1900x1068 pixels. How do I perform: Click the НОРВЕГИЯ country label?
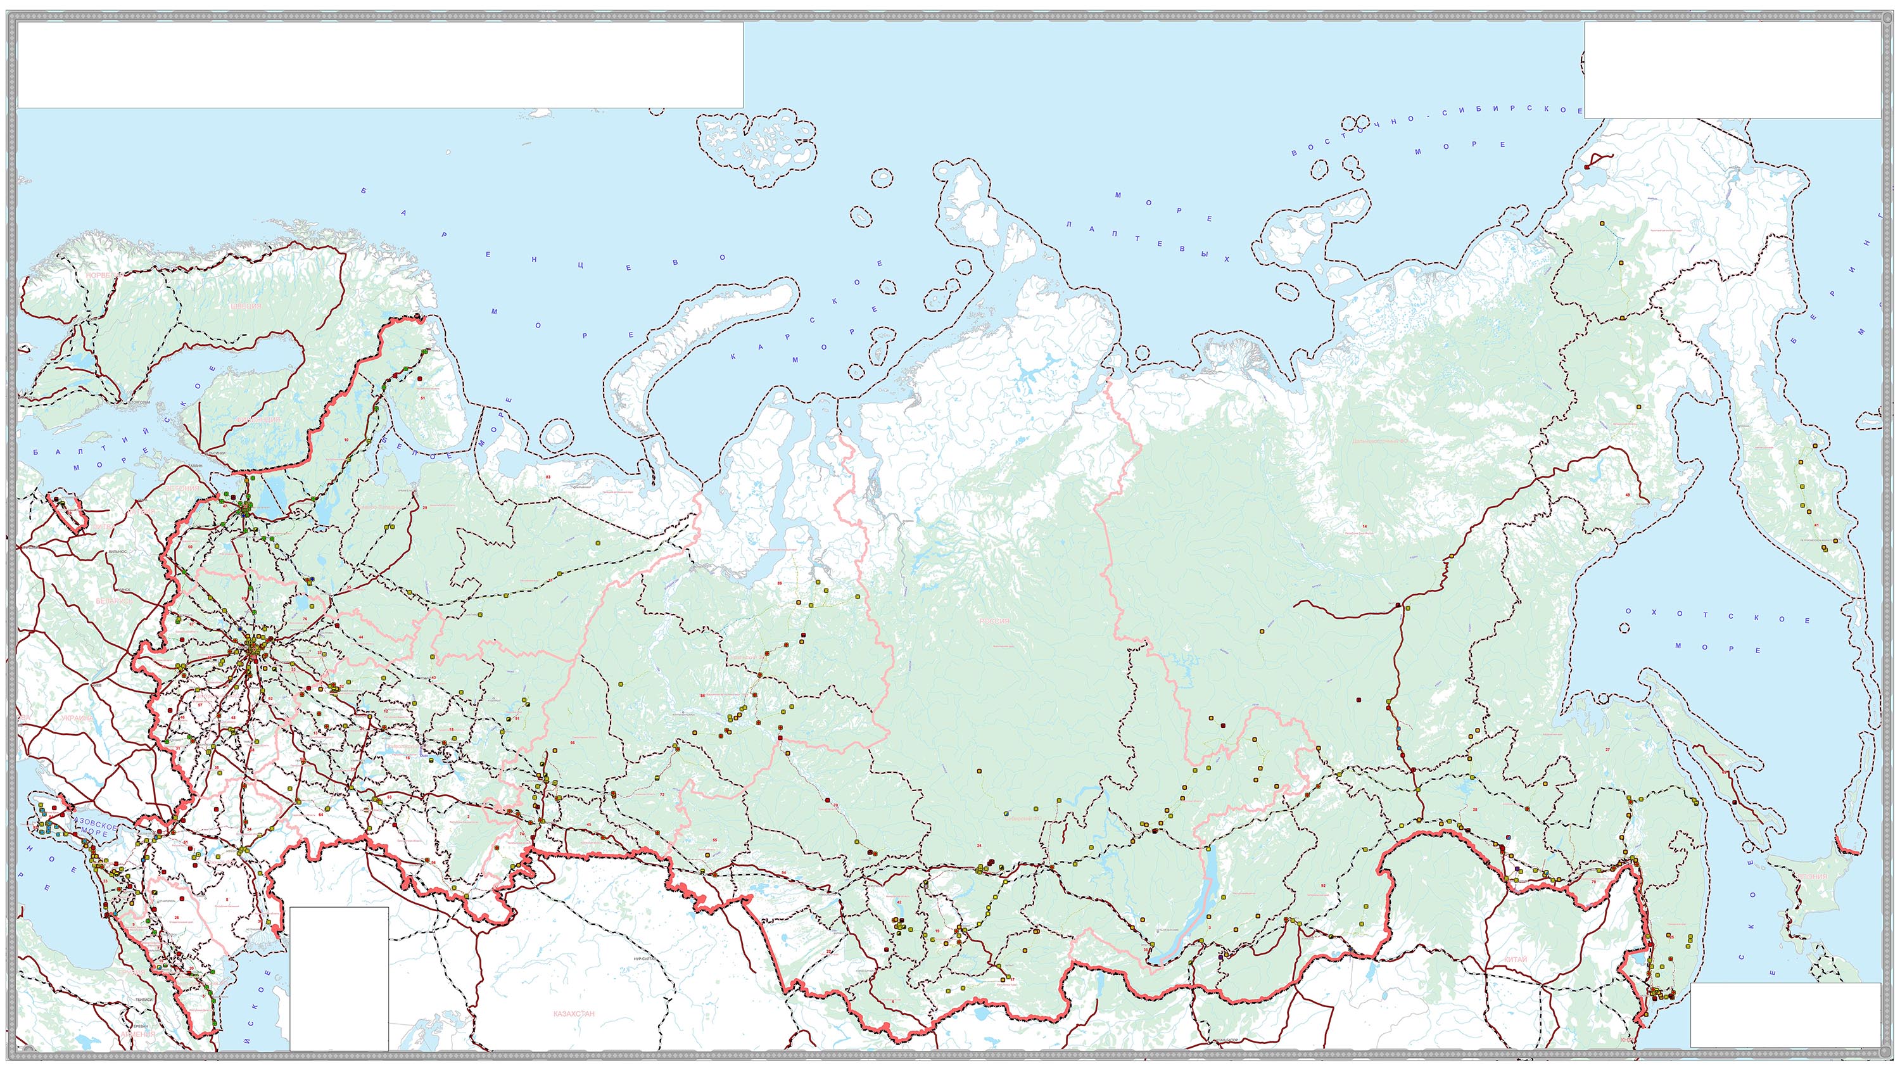103,275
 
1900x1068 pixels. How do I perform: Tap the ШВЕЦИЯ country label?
246,305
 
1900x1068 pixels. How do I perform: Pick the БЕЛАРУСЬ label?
115,601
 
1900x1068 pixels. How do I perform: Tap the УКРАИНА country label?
77,718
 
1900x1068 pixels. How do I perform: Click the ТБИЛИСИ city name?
144,1000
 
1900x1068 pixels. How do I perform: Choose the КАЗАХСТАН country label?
573,1014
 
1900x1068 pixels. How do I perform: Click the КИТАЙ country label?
1515,960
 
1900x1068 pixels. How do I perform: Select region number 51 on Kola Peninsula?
423,398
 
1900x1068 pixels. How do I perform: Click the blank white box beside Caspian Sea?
339,977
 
